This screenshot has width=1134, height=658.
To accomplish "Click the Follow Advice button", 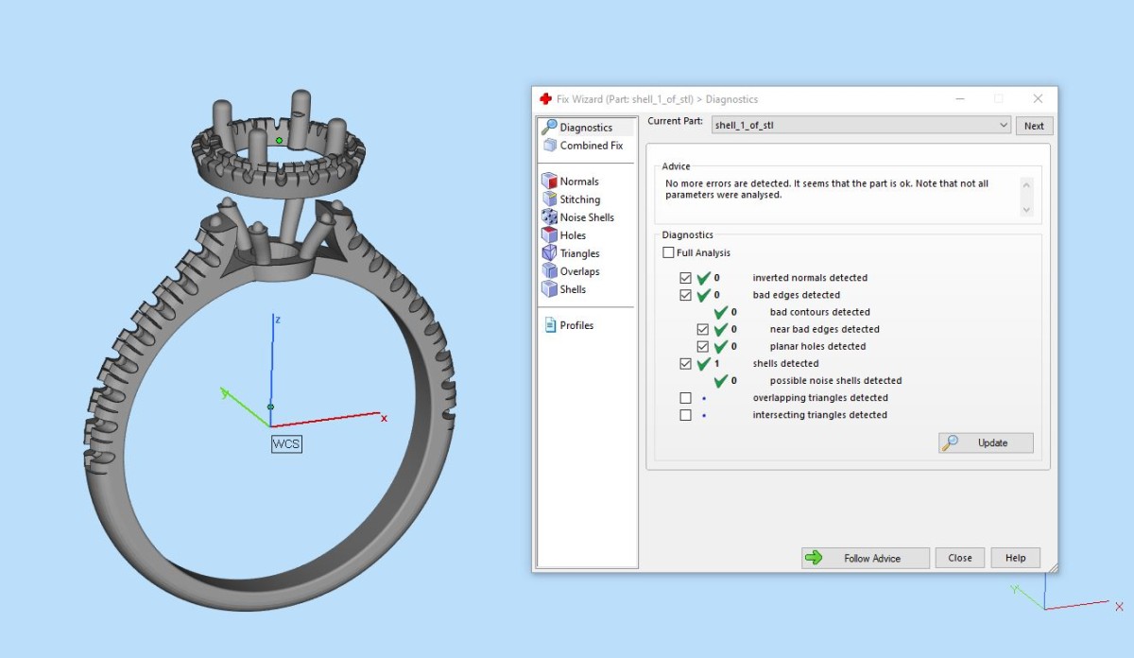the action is coord(866,558).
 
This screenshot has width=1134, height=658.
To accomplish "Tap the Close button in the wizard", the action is coord(959,558).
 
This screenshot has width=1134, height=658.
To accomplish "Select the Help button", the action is coord(1015,558).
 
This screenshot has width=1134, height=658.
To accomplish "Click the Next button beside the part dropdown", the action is coord(1034,126).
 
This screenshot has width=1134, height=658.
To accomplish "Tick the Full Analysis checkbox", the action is coord(668,252).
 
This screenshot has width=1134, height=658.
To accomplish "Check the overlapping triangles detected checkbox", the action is coord(685,398).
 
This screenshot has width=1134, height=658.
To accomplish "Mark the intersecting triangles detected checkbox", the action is coord(685,415).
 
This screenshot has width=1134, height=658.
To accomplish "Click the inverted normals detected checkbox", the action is coord(685,278).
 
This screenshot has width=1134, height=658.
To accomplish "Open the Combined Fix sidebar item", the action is coord(584,146).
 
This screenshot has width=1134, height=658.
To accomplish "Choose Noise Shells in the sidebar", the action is coord(578,217).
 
